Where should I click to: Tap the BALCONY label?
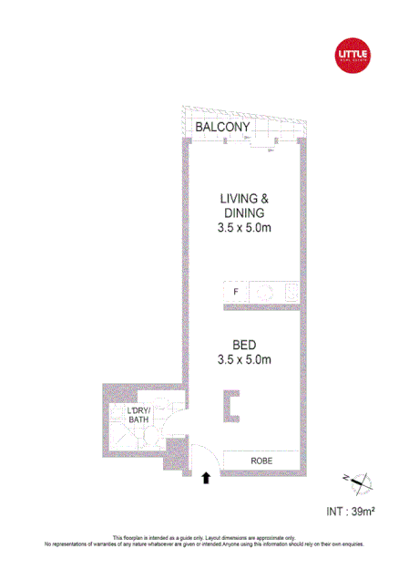(222, 129)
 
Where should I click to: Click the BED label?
(244, 345)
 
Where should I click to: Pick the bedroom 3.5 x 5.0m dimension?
(244, 359)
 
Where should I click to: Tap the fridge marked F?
(235, 292)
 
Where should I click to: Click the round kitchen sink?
(265, 292)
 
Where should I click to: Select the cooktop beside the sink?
(291, 292)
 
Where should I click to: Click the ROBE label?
(262, 461)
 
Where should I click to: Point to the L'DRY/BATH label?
(142, 416)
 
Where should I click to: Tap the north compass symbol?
(355, 482)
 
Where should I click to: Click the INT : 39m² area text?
(350, 512)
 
